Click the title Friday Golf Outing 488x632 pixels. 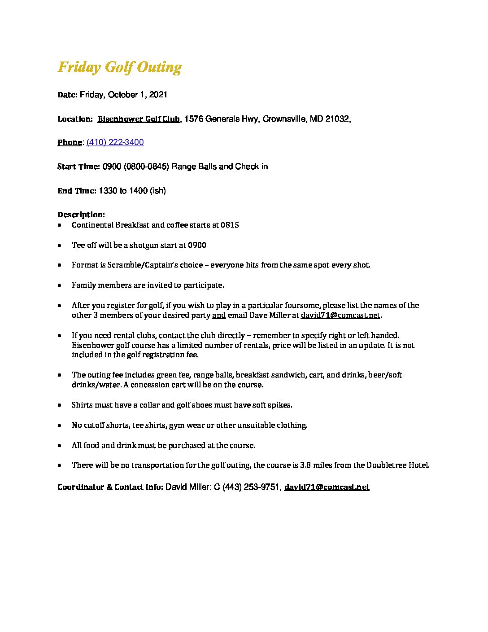point(119,67)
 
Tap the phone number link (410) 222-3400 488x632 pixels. point(115,143)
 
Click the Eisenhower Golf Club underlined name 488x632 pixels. point(139,119)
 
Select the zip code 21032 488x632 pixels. point(337,119)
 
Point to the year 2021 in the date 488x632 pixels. point(158,95)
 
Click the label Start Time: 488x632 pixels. point(78,167)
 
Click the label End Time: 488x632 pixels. point(77,191)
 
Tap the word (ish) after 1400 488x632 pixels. point(158,191)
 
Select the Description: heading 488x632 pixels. point(81,215)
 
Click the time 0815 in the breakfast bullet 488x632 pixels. point(230,225)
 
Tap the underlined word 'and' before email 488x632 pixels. point(219,315)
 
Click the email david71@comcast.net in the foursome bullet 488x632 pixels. point(340,315)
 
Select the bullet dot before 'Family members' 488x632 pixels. point(60,285)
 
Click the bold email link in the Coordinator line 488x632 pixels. point(327,487)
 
